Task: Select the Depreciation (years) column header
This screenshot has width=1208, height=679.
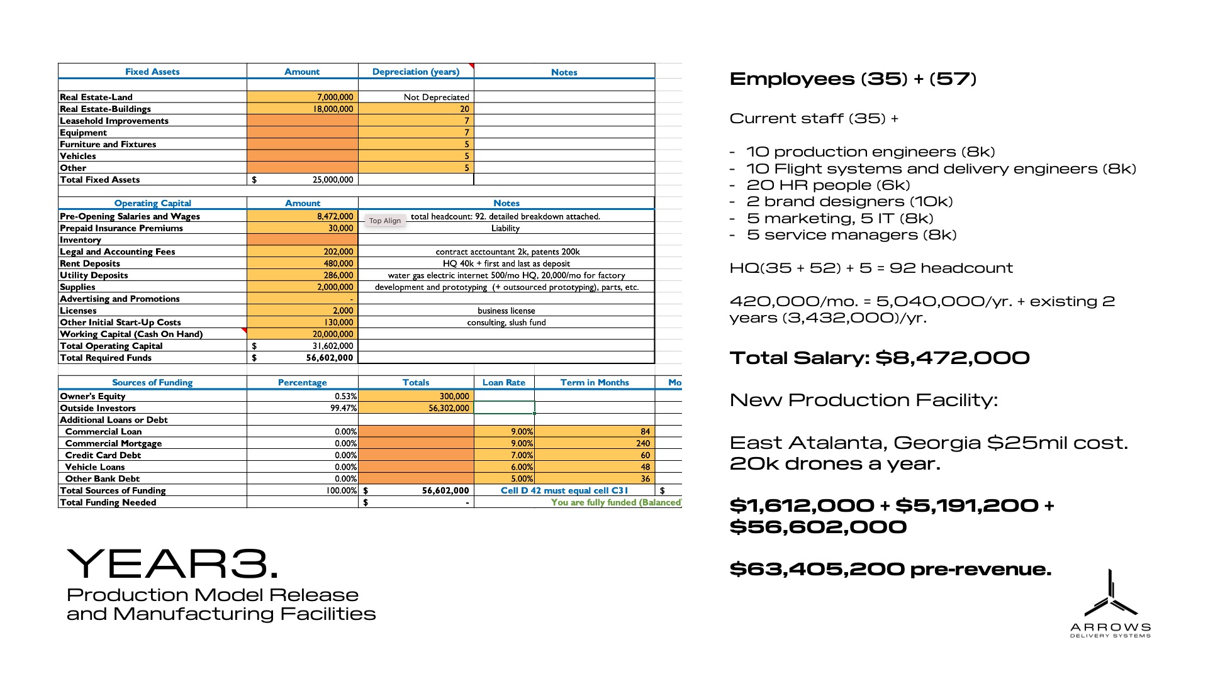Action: point(416,72)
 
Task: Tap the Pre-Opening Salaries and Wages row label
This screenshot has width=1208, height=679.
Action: point(130,216)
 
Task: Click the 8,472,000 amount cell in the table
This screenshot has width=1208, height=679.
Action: point(335,216)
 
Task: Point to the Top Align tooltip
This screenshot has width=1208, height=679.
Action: point(385,221)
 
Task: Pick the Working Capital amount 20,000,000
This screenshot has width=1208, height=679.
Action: point(333,334)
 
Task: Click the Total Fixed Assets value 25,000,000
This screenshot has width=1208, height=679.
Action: point(333,179)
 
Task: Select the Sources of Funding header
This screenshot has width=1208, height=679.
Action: point(152,382)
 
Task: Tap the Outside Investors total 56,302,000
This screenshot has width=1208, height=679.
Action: point(449,408)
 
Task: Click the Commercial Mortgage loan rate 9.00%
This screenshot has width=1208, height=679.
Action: point(522,443)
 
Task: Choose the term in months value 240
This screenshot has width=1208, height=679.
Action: point(643,443)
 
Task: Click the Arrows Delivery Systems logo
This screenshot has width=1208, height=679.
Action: point(1110,604)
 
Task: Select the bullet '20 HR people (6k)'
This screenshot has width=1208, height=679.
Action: point(828,185)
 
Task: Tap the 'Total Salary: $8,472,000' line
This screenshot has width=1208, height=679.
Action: point(880,358)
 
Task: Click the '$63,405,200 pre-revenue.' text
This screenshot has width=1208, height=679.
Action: point(890,569)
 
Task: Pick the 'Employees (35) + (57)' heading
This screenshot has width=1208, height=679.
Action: point(853,79)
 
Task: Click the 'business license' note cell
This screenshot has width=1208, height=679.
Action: point(506,311)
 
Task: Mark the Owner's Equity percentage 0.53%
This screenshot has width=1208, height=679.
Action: point(345,396)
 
